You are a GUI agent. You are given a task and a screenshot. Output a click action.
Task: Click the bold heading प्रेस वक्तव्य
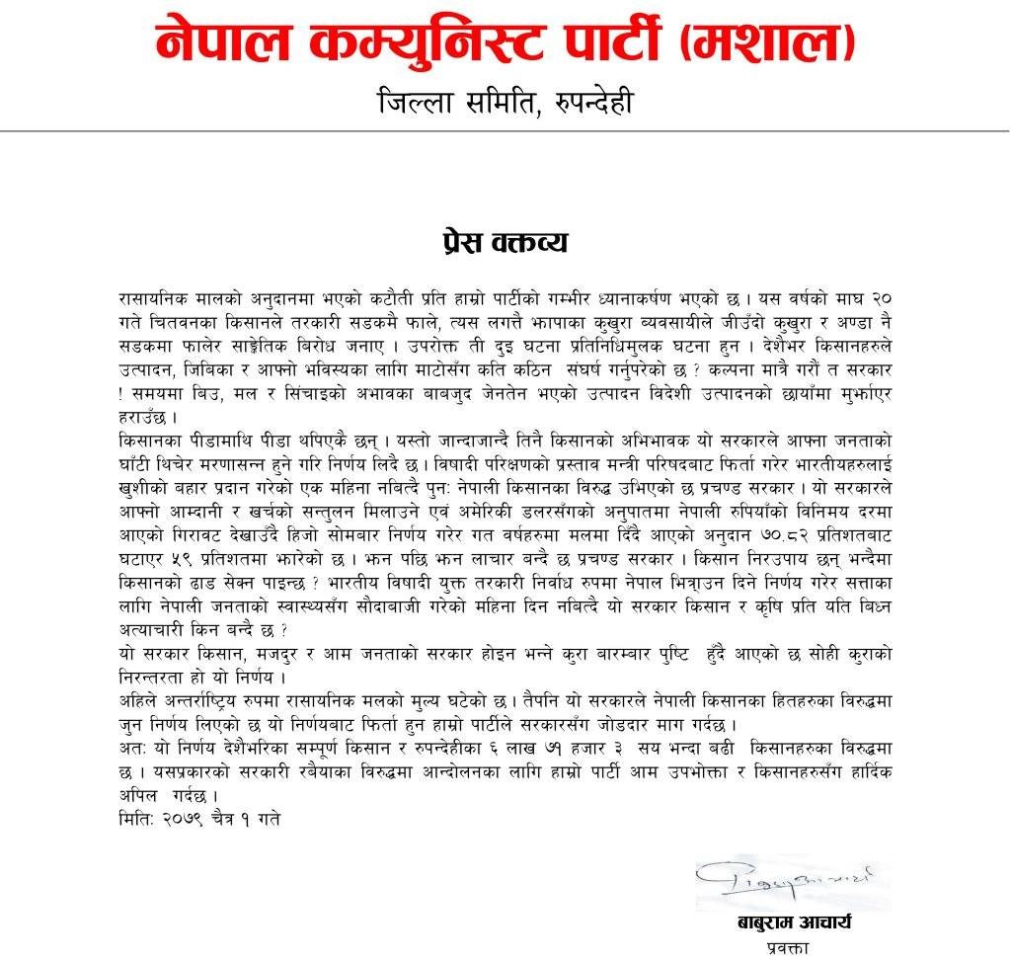(x=505, y=243)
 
